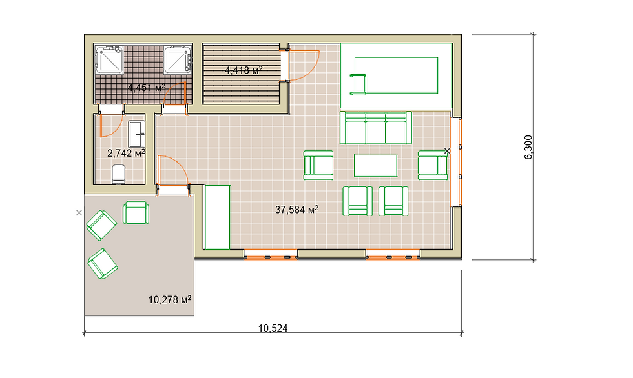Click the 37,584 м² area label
coord(296,210)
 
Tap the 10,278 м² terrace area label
coord(170,299)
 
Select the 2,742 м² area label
coord(126,153)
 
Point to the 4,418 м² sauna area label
coord(244,70)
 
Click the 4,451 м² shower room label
coord(147,87)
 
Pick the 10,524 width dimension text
coord(273,328)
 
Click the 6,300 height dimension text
coord(528,148)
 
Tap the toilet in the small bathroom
coord(119,174)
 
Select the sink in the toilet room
coord(136,134)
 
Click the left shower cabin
coord(109,59)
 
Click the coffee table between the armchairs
coord(375,166)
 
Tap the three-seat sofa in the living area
coord(375,128)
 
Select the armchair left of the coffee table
coord(318,165)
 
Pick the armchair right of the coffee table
coord(433,165)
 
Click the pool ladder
coord(358,85)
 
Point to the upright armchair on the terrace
coord(136,212)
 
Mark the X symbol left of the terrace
coord(79,213)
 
